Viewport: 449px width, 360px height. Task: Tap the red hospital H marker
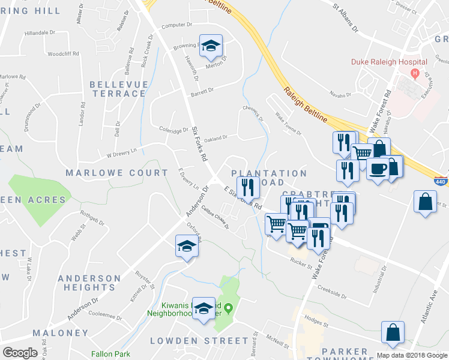click(x=414, y=73)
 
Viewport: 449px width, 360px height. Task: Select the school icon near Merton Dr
click(x=211, y=46)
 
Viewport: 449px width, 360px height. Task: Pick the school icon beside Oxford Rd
click(x=187, y=246)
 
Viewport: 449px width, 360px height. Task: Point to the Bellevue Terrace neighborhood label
click(x=118, y=89)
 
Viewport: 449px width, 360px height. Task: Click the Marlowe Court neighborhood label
click(x=117, y=173)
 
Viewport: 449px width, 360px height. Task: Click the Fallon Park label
click(x=110, y=354)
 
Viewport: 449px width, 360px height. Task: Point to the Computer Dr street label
click(x=176, y=25)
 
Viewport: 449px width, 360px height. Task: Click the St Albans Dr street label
click(x=346, y=18)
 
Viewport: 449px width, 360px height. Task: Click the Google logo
click(x=20, y=353)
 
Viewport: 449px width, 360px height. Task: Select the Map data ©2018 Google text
click(x=411, y=355)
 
